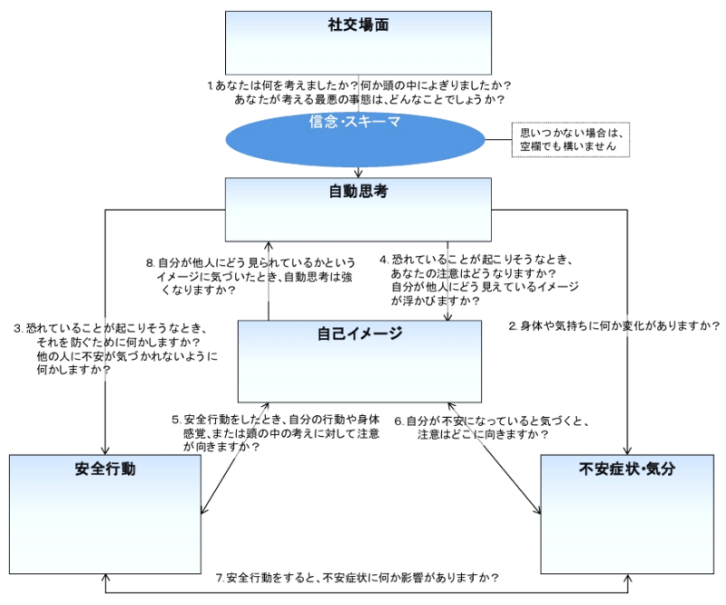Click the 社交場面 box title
tap(358, 25)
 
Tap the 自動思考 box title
tap(358, 192)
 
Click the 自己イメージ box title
tap(359, 333)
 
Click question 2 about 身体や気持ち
tap(614, 325)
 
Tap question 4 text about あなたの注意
tap(481, 280)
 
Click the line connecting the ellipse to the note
tap(497, 139)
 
